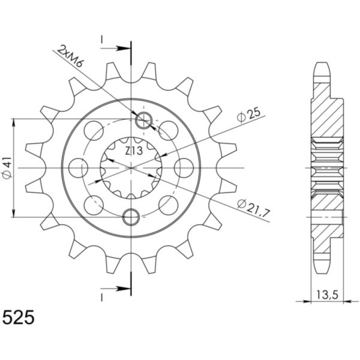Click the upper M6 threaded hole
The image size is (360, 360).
143,121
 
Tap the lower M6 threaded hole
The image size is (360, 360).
131,216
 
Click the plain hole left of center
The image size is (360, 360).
77,168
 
